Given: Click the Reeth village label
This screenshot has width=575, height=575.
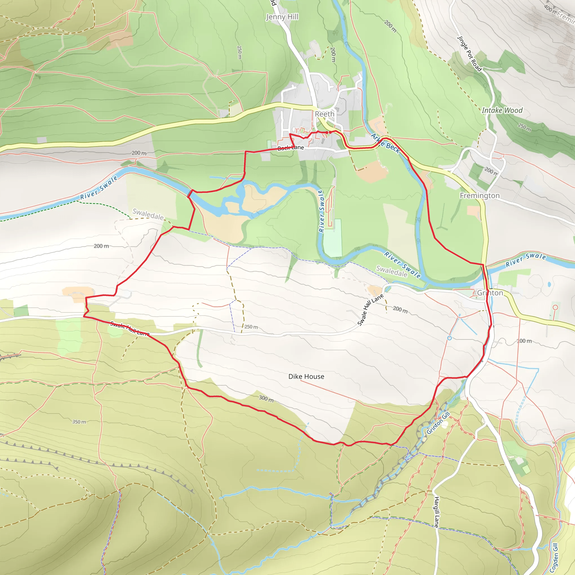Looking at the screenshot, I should tap(324, 114).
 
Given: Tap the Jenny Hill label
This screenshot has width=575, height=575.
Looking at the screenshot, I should tap(282, 17).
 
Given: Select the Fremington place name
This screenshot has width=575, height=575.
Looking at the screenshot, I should tap(480, 195).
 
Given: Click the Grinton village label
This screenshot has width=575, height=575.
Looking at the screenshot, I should tap(490, 293).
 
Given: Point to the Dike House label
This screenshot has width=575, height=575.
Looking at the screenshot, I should tap(306, 377).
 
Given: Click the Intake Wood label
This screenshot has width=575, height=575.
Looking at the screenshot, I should tap(502, 110).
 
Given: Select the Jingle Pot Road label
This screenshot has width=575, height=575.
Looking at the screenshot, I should tap(469, 54).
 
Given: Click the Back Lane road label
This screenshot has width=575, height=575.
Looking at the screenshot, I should tap(291, 148).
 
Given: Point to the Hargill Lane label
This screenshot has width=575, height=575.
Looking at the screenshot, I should tap(436, 512).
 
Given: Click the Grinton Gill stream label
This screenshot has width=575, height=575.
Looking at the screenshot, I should tap(438, 423).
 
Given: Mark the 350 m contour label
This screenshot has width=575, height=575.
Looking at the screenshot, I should tap(79, 422).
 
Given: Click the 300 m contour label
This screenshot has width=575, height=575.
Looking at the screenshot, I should tap(266, 398).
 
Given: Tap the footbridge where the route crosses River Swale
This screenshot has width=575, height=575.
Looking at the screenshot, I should tap(189, 194).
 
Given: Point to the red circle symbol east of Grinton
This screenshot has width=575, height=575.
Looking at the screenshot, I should tap(555, 307).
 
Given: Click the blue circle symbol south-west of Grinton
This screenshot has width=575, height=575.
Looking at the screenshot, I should tap(449, 338).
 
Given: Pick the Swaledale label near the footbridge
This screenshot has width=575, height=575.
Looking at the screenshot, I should tap(148, 214).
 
